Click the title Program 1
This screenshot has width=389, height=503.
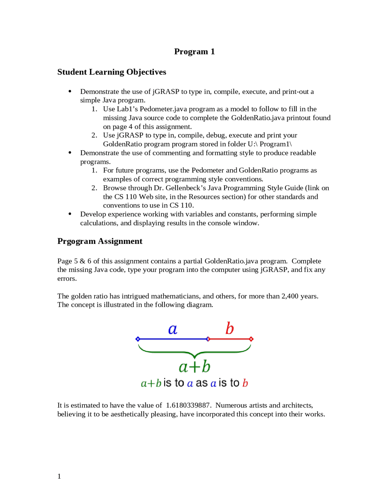194,51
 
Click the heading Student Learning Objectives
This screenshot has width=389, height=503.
112,72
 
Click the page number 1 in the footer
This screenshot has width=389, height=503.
59,476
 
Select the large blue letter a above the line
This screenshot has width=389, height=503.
173,329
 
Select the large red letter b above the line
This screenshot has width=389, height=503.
229,329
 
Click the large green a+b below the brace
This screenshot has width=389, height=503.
194,367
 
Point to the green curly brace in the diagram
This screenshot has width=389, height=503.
194,353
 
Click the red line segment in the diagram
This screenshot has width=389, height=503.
229,339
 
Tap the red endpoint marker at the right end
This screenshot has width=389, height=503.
251,339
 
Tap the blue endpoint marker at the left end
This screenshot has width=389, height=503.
138,339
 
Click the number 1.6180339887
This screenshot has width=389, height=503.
188,405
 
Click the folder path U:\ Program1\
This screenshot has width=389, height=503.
270,144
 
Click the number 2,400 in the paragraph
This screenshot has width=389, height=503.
290,296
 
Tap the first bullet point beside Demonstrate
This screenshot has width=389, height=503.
70,91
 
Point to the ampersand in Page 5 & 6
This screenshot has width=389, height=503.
82,261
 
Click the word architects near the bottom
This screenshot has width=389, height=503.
297,405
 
